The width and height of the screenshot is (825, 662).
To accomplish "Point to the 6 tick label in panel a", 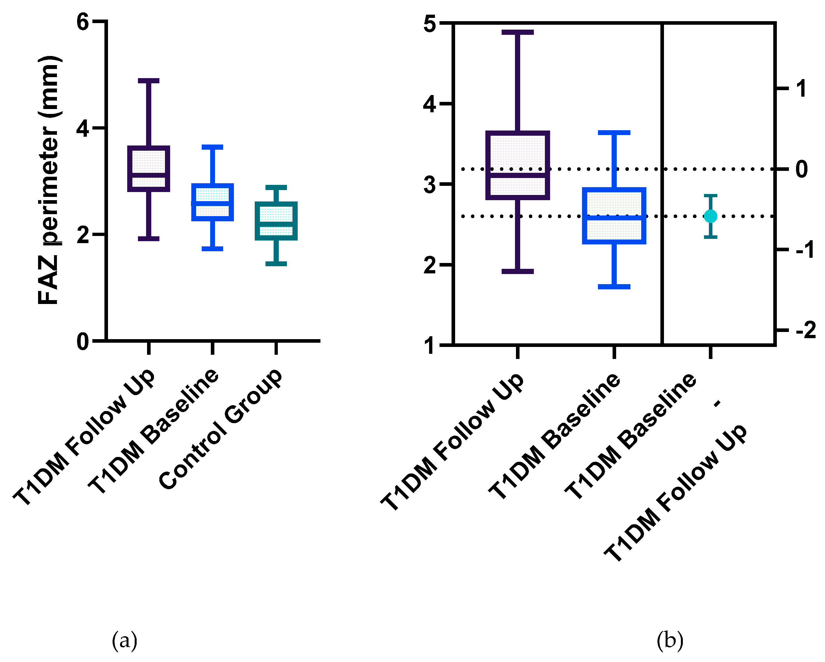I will click(x=83, y=22).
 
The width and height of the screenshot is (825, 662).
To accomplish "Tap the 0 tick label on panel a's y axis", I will click(x=83, y=341).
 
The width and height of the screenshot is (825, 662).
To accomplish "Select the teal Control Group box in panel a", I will click(x=276, y=221).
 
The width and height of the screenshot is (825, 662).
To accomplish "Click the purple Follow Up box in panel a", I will click(x=148, y=169).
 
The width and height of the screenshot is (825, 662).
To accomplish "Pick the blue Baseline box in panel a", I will click(x=212, y=202).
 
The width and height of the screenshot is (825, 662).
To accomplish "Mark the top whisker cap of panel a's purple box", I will click(x=148, y=81).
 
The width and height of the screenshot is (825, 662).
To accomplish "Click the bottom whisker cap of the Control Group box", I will click(x=276, y=263).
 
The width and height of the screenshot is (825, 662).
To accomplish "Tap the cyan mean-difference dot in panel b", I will click(x=710, y=216).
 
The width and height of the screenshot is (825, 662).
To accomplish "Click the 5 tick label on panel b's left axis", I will click(x=430, y=24).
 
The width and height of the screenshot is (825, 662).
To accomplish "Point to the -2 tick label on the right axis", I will click(x=805, y=330).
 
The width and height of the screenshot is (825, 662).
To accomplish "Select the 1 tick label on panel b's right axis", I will click(x=801, y=89).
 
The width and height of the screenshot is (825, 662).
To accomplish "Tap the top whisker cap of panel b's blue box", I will click(x=614, y=133).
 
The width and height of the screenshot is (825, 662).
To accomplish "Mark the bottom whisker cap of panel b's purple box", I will click(x=517, y=271).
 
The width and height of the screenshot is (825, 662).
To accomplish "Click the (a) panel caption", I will click(x=124, y=640).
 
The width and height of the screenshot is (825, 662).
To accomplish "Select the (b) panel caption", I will click(x=669, y=640).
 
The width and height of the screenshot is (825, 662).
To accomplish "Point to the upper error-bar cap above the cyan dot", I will click(x=710, y=196).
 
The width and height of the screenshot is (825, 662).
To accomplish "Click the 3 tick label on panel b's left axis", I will click(x=430, y=185).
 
